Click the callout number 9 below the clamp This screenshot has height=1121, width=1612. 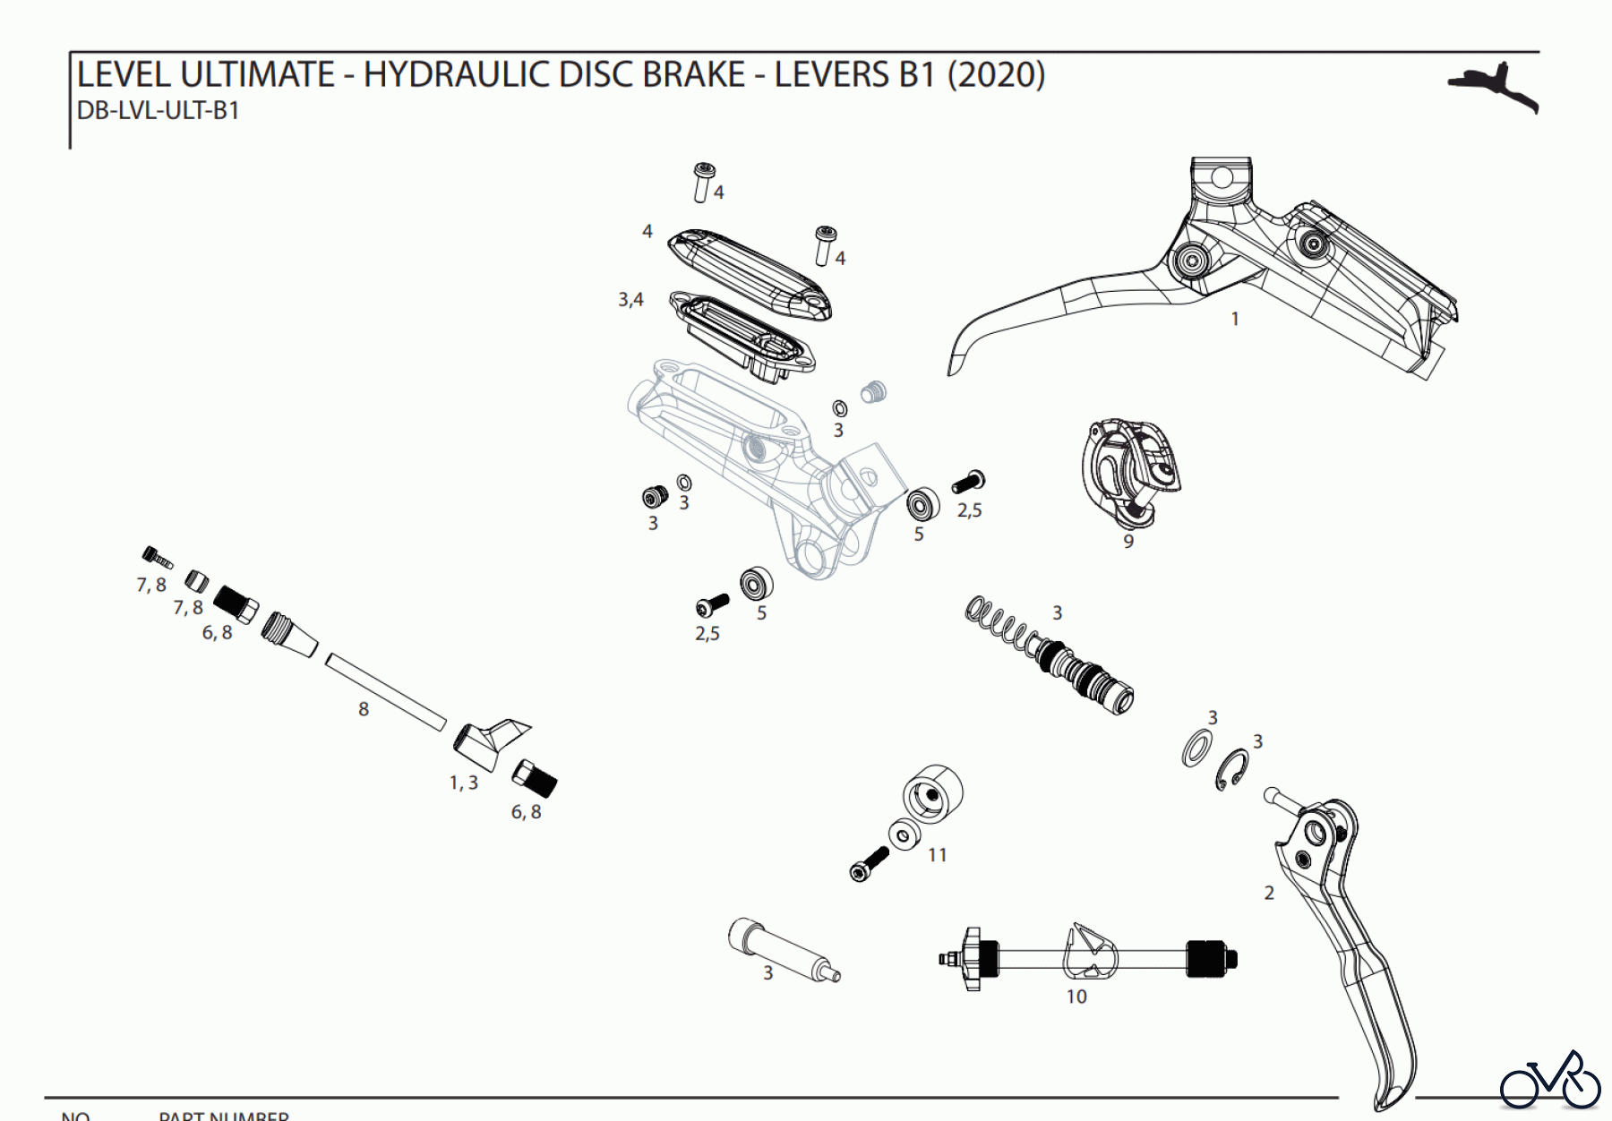tap(1128, 542)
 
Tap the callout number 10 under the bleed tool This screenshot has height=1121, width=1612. tap(1076, 997)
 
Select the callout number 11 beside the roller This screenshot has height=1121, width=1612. tap(937, 855)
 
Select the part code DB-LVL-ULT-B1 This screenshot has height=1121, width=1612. tap(159, 111)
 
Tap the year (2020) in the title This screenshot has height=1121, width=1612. tap(996, 74)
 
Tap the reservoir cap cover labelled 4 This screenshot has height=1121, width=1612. tap(749, 272)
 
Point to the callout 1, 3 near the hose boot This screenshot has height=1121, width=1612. tap(463, 783)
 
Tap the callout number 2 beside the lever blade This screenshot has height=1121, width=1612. tap(1268, 893)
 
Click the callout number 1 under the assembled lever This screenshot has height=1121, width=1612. tap(1235, 319)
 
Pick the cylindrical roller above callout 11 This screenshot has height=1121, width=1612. tap(932, 792)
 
